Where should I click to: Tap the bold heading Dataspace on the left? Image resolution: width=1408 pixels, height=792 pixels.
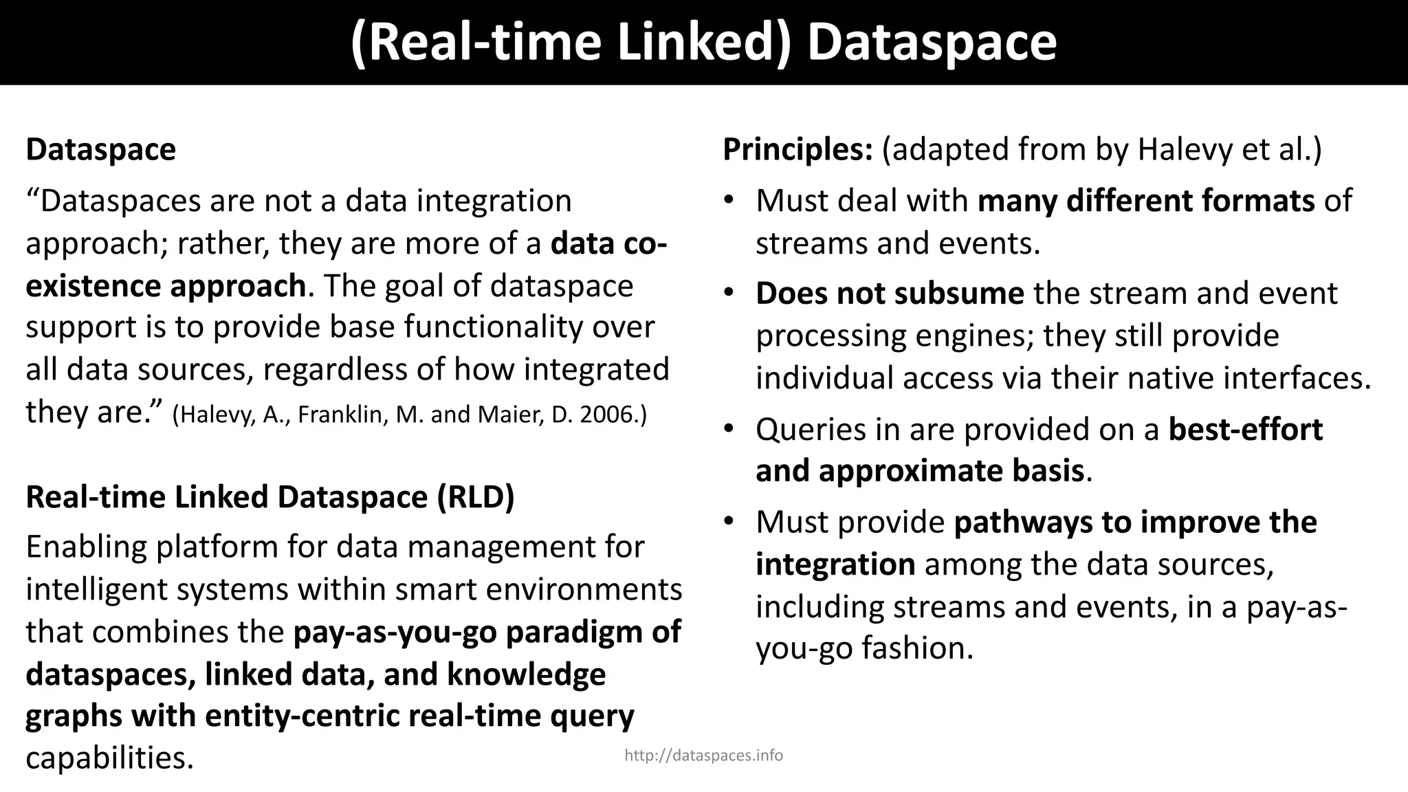coord(101,150)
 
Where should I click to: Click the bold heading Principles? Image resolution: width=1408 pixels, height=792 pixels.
coord(797,150)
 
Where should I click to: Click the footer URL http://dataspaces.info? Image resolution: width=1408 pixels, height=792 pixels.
coord(703,756)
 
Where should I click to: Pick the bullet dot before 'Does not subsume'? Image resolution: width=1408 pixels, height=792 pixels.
coord(729,294)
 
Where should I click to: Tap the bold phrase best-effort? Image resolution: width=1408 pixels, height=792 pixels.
coord(1245,430)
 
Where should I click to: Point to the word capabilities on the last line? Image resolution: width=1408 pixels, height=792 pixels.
coord(110,758)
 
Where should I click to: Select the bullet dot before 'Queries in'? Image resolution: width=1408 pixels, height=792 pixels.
coord(729,430)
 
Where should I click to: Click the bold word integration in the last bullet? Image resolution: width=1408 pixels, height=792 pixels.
coord(835,564)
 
